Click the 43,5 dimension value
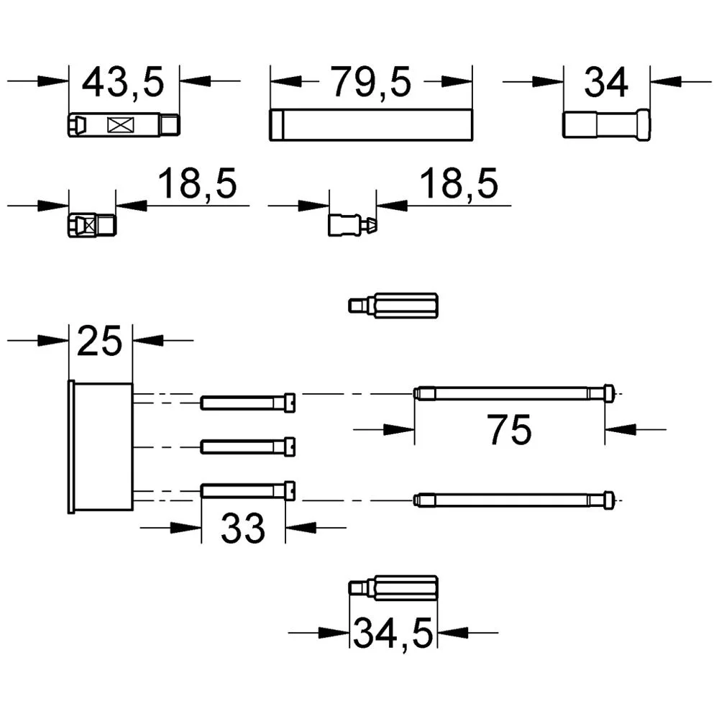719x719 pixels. point(123,83)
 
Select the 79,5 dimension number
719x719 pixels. point(371,83)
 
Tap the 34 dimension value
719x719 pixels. point(605,83)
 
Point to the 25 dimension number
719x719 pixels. point(100,341)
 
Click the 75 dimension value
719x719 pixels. point(509,430)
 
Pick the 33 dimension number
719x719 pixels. point(243,528)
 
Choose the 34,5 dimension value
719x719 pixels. point(393,633)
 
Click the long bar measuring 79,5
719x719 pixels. point(371,124)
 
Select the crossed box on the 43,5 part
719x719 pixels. point(121,125)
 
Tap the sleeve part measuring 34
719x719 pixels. point(606,124)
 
